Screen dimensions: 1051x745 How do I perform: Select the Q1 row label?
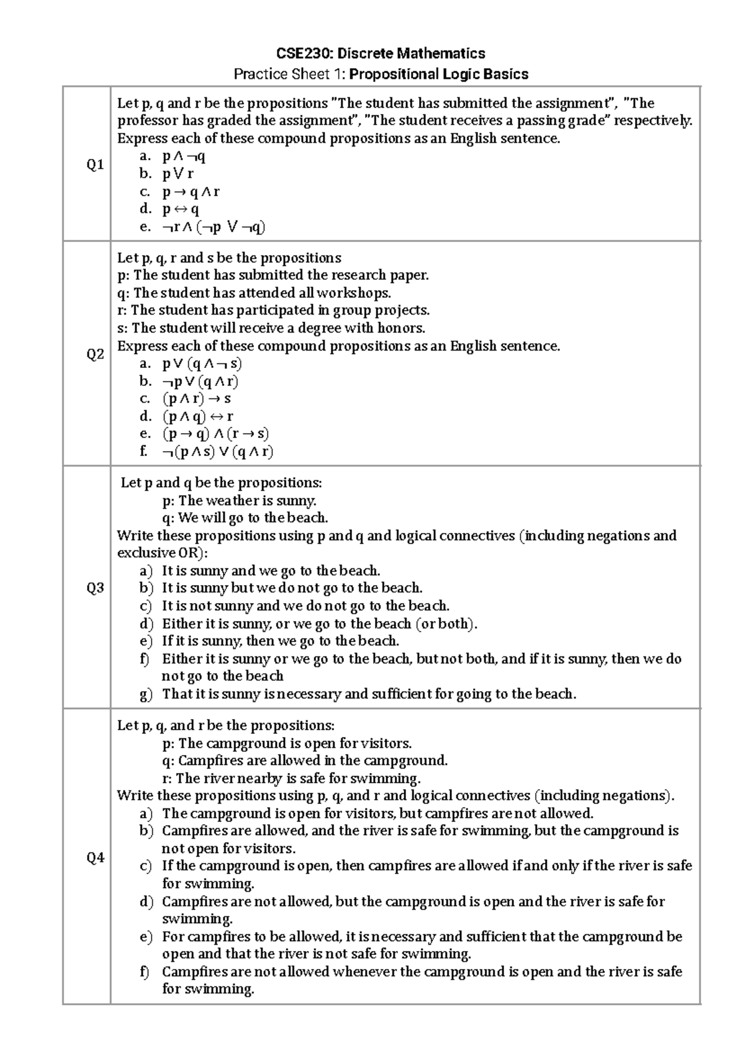[95, 165]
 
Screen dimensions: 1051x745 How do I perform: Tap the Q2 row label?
[95, 355]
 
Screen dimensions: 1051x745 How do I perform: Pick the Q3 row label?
[95, 588]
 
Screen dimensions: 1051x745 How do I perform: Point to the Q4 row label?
[95, 858]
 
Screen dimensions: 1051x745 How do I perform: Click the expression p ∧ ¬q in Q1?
[184, 156]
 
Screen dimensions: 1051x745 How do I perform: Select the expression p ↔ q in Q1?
[181, 209]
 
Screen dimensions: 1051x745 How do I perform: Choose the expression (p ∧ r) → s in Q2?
[197, 399]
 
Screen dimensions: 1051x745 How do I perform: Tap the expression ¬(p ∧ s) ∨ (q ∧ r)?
[217, 452]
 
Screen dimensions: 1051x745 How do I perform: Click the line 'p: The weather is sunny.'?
[239, 500]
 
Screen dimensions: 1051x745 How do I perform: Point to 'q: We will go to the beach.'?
[245, 517]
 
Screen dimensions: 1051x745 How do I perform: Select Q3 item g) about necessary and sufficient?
[369, 694]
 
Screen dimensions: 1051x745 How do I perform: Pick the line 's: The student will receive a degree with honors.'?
[271, 328]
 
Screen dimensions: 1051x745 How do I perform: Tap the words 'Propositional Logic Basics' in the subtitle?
[438, 74]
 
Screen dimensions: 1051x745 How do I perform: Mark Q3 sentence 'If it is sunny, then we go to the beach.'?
[280, 641]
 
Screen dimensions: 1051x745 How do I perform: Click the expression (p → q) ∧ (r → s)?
[215, 434]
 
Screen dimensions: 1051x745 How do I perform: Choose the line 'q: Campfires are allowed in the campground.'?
[304, 761]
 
